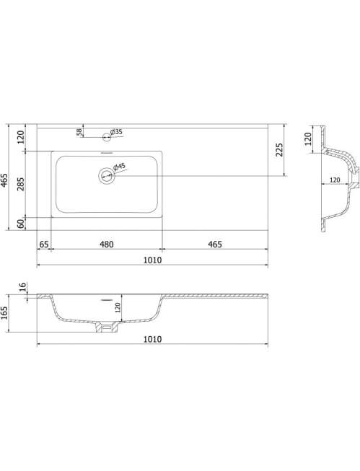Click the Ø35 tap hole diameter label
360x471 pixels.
coord(116,132)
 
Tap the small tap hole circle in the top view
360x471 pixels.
coord(106,137)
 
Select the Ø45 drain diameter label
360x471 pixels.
coord(119,167)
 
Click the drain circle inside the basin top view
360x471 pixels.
coord(107,175)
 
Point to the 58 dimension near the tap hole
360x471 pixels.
coord(79,132)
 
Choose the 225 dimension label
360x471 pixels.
coord(279,149)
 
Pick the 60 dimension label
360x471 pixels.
coord(21,224)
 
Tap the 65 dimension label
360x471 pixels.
coord(43,244)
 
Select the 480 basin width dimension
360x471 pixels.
coord(107,245)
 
